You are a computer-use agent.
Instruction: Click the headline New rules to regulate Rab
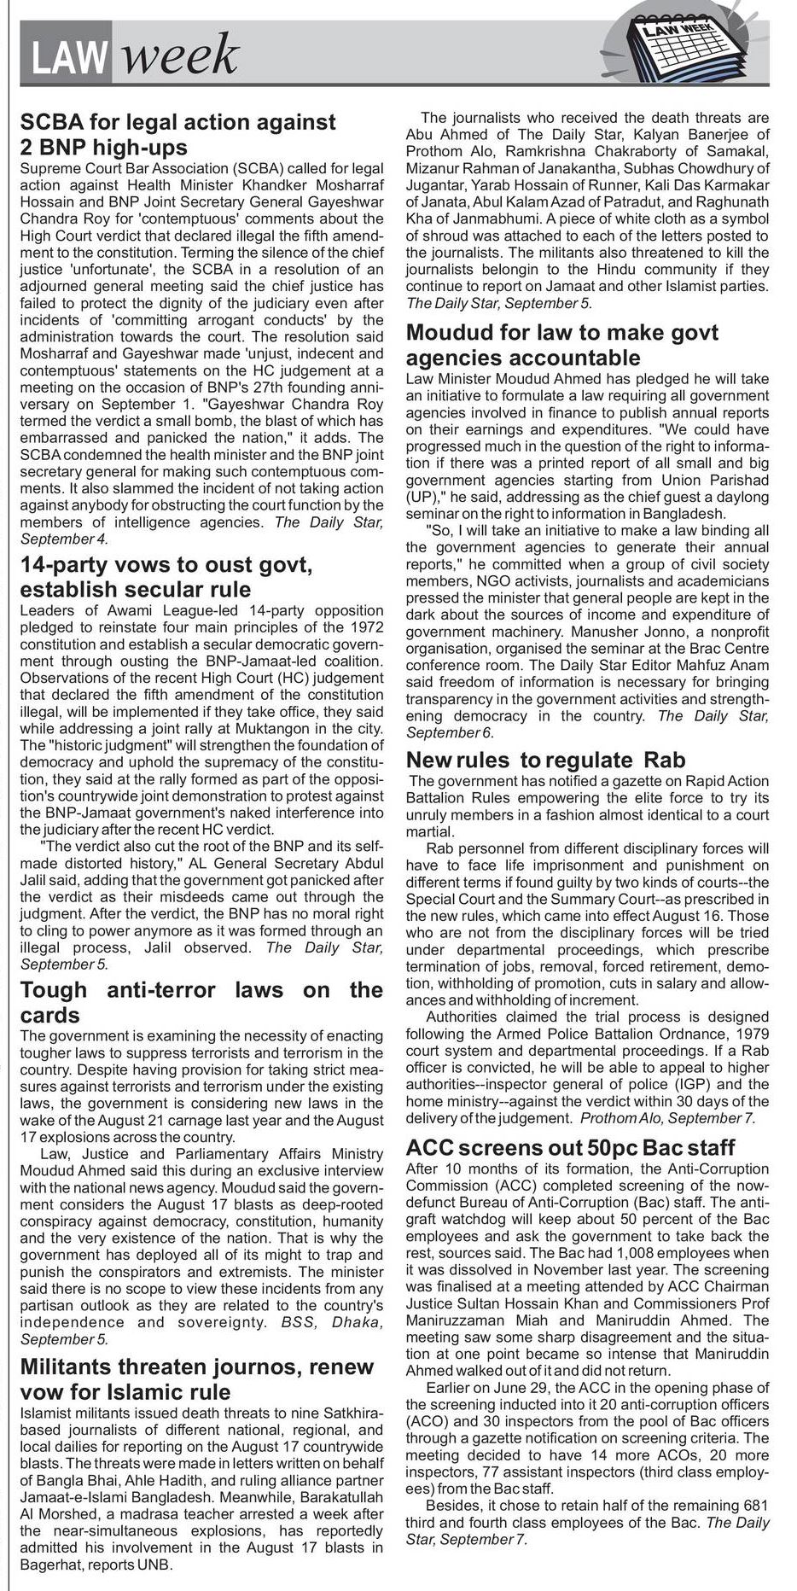coord(545,760)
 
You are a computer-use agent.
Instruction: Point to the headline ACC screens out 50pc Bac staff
coord(570,1146)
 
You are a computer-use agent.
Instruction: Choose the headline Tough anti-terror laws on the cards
coord(201,1002)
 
